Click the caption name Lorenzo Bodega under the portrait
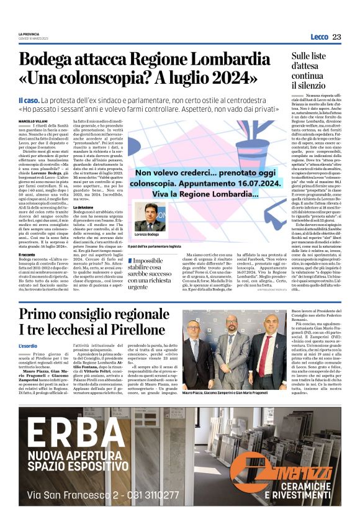pos(146,235)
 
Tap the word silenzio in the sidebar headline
pos(308,84)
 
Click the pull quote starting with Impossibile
pos(149,270)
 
